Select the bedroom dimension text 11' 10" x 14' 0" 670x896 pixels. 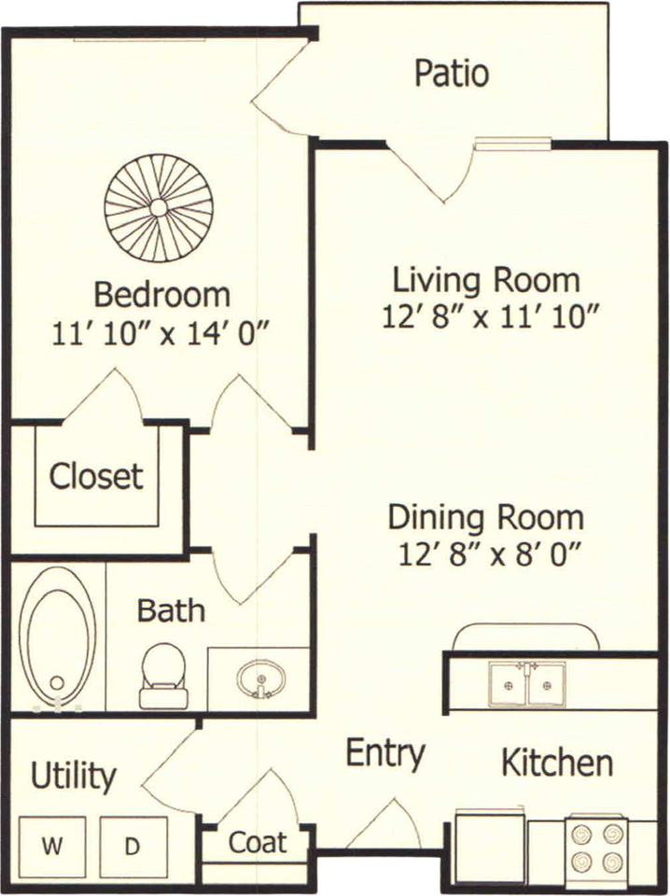tap(161, 333)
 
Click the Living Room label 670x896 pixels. tap(486, 280)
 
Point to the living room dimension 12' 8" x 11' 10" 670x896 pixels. tap(490, 316)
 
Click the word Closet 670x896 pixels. tap(96, 476)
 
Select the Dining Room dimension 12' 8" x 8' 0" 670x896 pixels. tap(490, 553)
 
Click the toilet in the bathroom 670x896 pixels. tap(163, 676)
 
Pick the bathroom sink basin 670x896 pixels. tap(261, 679)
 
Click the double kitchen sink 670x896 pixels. tap(526, 684)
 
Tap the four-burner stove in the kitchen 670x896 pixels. tap(596, 846)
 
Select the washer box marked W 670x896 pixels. tap(52, 847)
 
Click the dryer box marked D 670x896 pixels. tap(133, 847)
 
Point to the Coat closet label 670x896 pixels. tap(258, 842)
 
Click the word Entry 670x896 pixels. tap(385, 754)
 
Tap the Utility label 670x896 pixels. tap(73, 777)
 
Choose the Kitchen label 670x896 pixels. tap(557, 762)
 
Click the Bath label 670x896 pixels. tap(171, 609)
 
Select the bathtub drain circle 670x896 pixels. tap(57, 682)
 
